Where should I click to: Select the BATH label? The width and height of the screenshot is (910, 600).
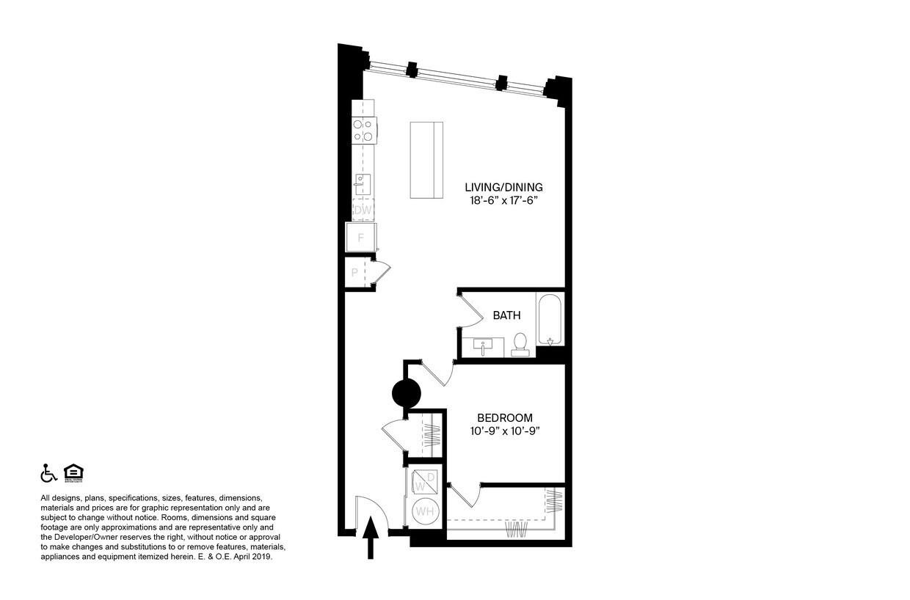506,315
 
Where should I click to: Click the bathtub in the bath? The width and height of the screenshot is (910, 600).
550,320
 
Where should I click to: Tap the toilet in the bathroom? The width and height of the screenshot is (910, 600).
520,343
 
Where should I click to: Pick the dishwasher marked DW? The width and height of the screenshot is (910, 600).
363,210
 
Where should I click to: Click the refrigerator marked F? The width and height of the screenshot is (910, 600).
361,238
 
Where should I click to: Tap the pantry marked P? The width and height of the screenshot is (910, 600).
355,273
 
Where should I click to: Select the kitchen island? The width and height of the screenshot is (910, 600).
427,160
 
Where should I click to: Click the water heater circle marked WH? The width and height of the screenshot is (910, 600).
425,511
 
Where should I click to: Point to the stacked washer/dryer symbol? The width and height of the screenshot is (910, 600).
425,481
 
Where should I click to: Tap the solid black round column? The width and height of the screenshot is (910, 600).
407,394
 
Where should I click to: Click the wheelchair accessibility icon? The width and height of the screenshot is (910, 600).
48,473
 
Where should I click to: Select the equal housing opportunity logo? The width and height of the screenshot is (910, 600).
73,473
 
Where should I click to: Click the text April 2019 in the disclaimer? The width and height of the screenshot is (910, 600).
253,557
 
